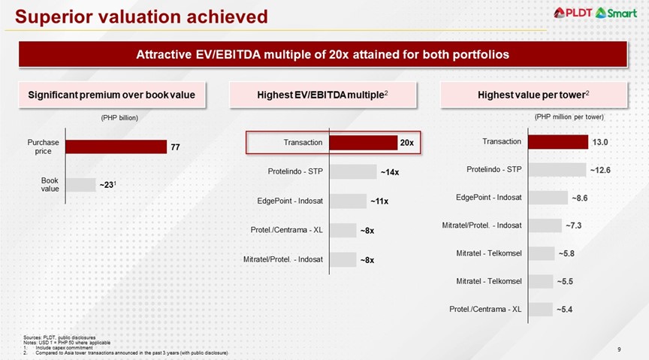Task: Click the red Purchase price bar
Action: (116, 147)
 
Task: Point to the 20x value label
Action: (406, 142)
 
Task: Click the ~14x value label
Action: (389, 172)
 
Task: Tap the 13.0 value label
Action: (600, 142)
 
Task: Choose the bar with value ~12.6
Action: (557, 170)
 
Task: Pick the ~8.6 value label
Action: (580, 198)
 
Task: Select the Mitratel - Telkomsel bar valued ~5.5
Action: (540, 281)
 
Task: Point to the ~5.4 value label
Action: (565, 309)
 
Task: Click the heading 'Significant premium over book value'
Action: (111, 95)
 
